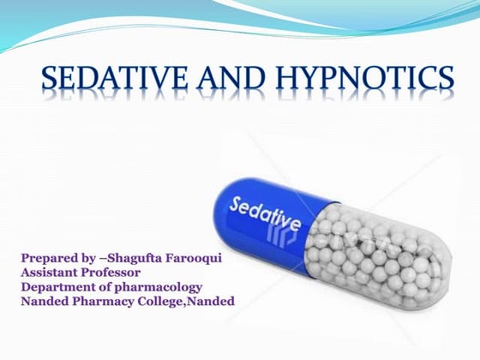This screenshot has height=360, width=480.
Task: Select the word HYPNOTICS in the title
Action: pyautogui.click(x=364, y=81)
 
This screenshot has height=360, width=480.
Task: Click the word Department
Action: pyautogui.click(x=59, y=286)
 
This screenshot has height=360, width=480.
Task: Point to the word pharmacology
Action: pyautogui.click(x=159, y=286)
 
